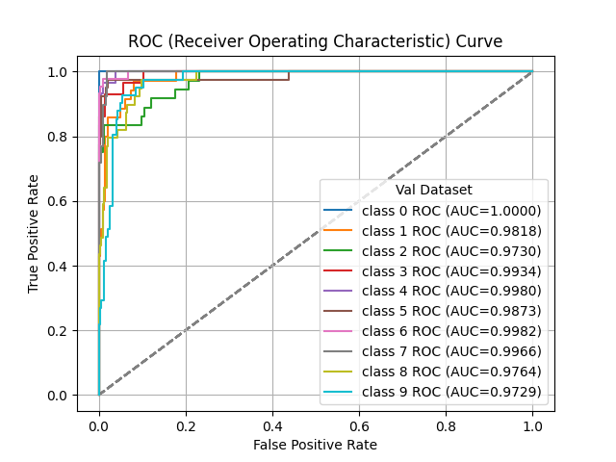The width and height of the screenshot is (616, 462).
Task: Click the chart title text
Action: click(315, 41)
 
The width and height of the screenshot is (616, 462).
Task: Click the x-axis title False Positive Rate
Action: click(315, 445)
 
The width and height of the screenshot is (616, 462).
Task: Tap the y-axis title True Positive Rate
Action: click(34, 234)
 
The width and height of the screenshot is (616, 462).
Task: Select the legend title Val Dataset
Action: click(433, 191)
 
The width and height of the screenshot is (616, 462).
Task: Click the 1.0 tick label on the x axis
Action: click(532, 424)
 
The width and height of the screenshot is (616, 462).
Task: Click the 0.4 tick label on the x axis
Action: click(272, 424)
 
